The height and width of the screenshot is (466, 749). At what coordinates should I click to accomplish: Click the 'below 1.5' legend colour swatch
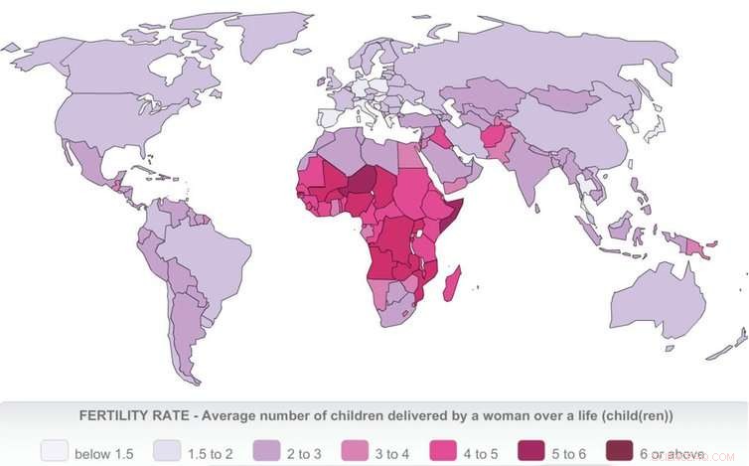tap(55, 452)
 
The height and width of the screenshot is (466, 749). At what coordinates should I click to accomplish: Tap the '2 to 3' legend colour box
tap(268, 452)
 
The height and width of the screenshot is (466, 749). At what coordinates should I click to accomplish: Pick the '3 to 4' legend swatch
tap(356, 452)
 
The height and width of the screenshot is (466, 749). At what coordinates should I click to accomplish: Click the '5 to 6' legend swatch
tap(534, 452)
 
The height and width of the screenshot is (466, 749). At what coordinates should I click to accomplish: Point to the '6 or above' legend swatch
tap(623, 452)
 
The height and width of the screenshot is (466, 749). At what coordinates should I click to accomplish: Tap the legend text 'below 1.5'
tap(103, 453)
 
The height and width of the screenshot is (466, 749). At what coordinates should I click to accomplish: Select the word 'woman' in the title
tap(486, 415)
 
